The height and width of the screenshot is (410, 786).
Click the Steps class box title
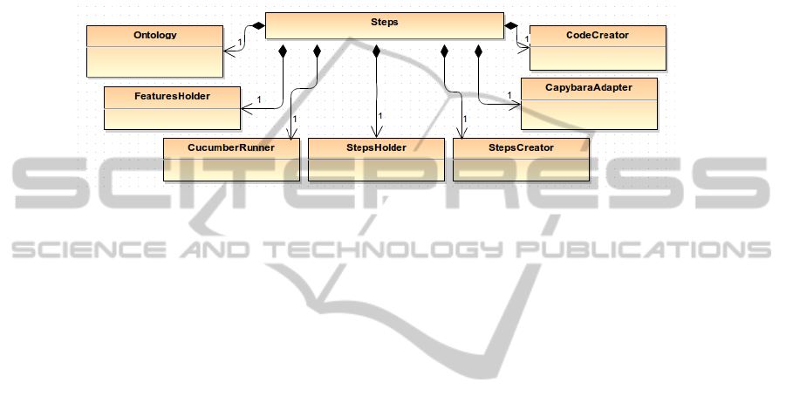click(x=384, y=22)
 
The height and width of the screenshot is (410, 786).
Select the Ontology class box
click(x=154, y=51)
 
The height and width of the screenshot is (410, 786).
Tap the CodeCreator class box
click(x=598, y=48)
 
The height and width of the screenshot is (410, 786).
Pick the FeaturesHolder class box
click(x=172, y=108)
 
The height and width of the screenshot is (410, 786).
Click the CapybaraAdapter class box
click(x=589, y=104)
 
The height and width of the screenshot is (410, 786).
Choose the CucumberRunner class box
click(x=231, y=159)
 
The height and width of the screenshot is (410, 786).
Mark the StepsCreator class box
click(x=521, y=159)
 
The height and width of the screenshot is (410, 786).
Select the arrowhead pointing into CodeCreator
click(x=526, y=49)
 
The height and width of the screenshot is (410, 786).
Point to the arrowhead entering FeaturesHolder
click(x=245, y=108)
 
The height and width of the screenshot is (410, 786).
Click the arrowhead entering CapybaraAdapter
click(x=516, y=105)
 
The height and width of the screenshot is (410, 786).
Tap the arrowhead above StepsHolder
click(x=376, y=133)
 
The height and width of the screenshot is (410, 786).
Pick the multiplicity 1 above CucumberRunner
click(x=295, y=119)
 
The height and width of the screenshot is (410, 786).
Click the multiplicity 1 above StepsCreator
click(x=465, y=119)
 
